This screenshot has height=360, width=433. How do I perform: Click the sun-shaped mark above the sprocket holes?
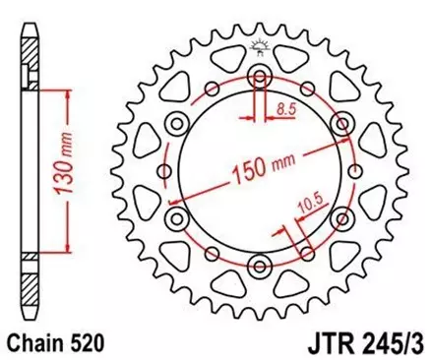[260, 44]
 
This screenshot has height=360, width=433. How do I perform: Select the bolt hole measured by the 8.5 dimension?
[260, 78]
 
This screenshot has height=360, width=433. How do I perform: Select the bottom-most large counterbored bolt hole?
[260, 263]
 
